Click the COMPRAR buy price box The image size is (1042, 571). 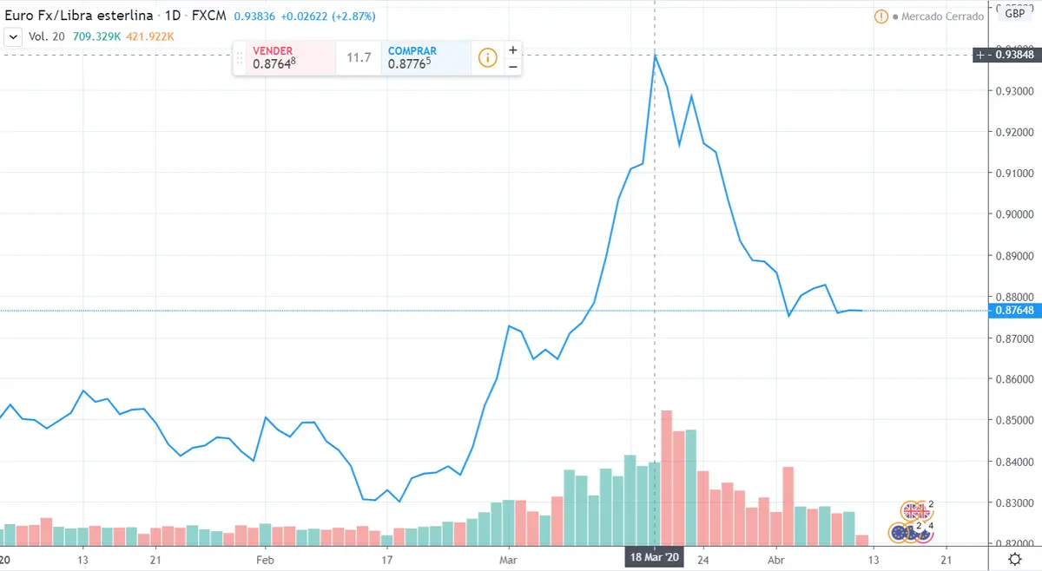point(425,57)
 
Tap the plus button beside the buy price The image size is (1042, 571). point(513,49)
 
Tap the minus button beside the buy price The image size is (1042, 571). point(513,67)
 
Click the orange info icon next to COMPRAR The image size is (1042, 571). point(487,58)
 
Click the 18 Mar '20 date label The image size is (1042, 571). point(655,558)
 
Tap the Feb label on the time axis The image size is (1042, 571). point(266,559)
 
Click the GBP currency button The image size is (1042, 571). point(1014,13)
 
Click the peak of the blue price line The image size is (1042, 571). point(655,55)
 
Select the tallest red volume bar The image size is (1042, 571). point(667,476)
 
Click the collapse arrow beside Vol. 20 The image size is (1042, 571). point(13,36)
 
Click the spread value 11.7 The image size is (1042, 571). point(359,58)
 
